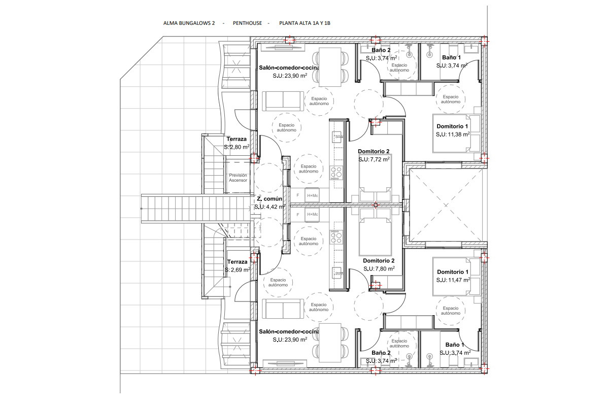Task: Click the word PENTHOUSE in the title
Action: tap(248, 23)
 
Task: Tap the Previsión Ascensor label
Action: tap(238, 178)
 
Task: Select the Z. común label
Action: tap(269, 199)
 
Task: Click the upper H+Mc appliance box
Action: tap(312, 195)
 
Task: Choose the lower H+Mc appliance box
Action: tap(312, 215)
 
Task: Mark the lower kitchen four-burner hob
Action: tap(336, 236)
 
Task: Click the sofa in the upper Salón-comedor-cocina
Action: tap(283, 101)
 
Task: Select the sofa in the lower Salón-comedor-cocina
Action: tap(283, 309)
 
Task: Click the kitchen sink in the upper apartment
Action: tap(337, 137)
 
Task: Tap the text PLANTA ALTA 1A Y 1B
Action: tap(305, 23)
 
